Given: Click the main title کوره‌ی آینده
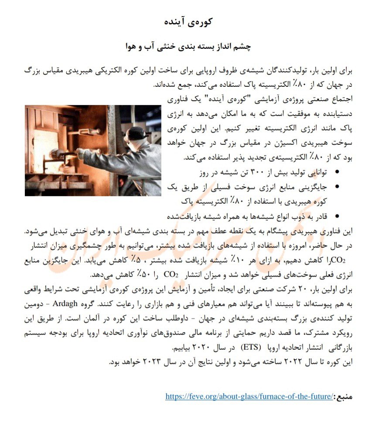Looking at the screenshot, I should [x=190, y=22].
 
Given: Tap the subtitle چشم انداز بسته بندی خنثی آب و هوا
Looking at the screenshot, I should [x=191, y=46].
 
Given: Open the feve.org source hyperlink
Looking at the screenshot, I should [x=249, y=396].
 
